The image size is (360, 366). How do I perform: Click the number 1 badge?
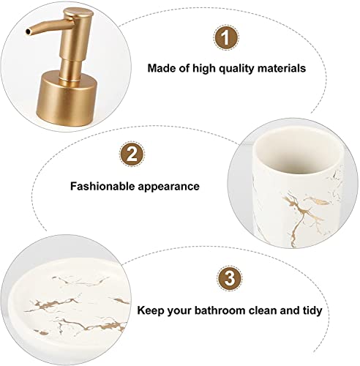tap(226, 38)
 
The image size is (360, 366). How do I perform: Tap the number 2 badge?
tap(132, 154)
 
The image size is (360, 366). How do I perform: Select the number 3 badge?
tap(230, 278)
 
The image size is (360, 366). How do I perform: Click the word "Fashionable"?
tap(102, 186)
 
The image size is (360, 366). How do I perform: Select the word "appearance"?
tap(169, 187)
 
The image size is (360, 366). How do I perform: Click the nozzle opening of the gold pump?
tap(29, 32)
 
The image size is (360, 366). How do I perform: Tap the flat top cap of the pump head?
tap(78, 12)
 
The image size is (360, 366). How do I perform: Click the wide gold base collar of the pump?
tap(67, 98)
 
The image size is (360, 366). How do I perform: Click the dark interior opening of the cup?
tap(298, 154)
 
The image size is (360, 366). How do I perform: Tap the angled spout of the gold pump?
tap(45, 27)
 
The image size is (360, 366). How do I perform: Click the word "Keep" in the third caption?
tap(151, 311)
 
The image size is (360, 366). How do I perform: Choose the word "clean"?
tap(263, 310)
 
